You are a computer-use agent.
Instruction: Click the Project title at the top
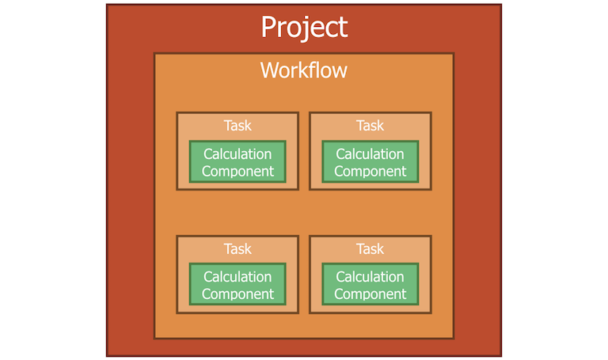304,28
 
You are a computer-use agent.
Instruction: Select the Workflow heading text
304,70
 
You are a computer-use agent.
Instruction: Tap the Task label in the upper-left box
237,126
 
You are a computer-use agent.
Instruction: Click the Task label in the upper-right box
370,126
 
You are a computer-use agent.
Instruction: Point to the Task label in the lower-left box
237,249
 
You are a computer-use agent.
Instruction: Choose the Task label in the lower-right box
370,249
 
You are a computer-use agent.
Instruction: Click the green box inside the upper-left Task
237,162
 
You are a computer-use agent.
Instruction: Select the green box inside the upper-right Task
370,162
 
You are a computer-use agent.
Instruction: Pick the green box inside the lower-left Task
237,285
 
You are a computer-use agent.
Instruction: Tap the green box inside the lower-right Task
370,285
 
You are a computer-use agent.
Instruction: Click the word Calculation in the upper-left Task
237,154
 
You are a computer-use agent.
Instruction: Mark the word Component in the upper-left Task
237,172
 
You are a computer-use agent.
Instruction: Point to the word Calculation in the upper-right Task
370,154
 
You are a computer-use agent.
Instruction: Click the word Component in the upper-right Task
370,172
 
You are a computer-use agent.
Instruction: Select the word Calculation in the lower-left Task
237,277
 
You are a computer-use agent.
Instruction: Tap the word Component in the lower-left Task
237,294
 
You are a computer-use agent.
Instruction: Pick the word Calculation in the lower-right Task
370,277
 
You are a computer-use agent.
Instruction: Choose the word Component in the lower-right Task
370,294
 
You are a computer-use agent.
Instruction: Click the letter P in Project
271,28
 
